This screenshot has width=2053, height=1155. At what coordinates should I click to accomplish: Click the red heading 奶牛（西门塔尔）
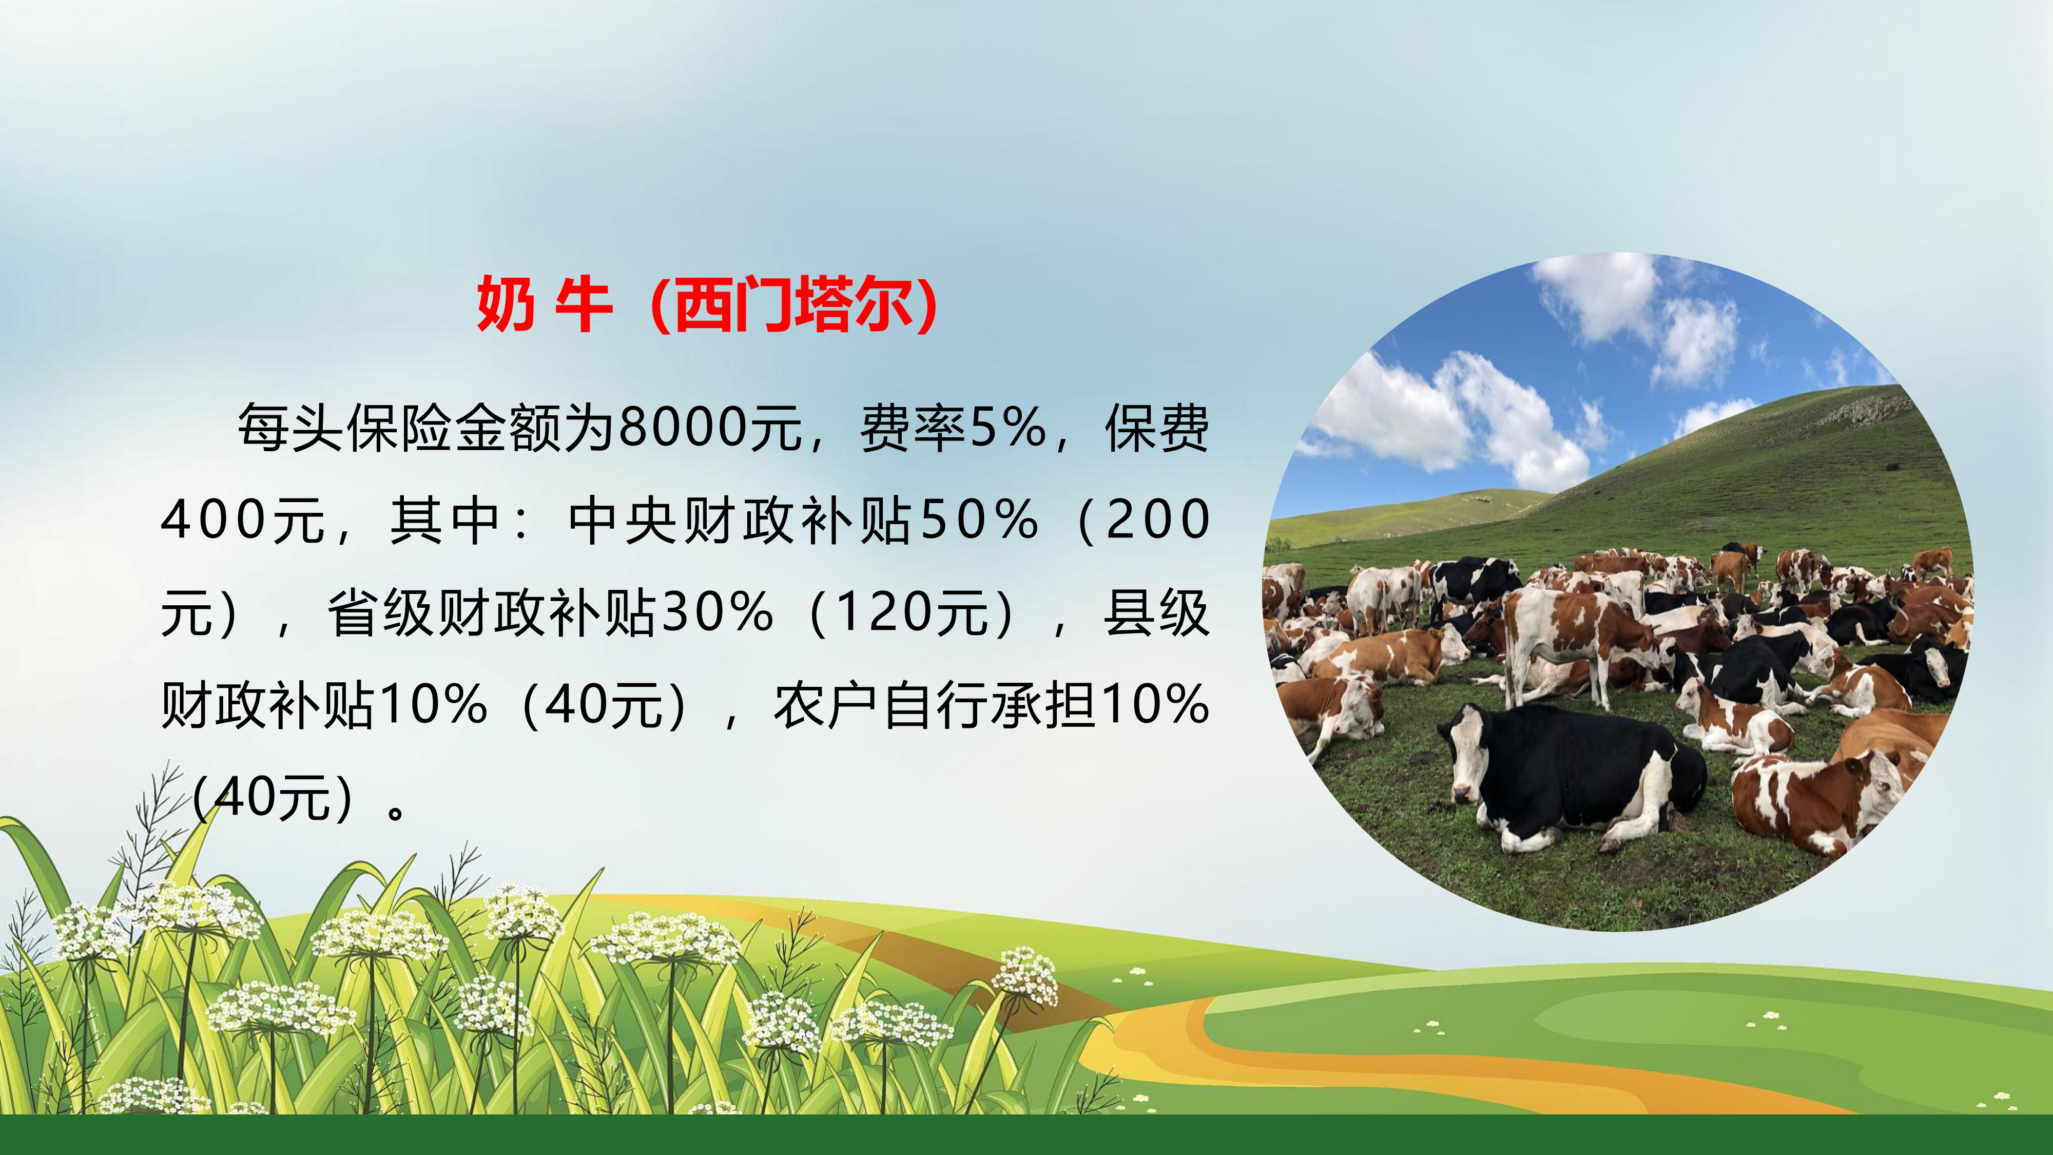tap(708, 304)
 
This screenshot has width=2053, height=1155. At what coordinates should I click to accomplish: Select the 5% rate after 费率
tap(1008, 428)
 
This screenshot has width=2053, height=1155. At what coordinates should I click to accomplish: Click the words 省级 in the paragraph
tap(380, 613)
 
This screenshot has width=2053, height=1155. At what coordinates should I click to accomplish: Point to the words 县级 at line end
tap(1156, 613)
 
